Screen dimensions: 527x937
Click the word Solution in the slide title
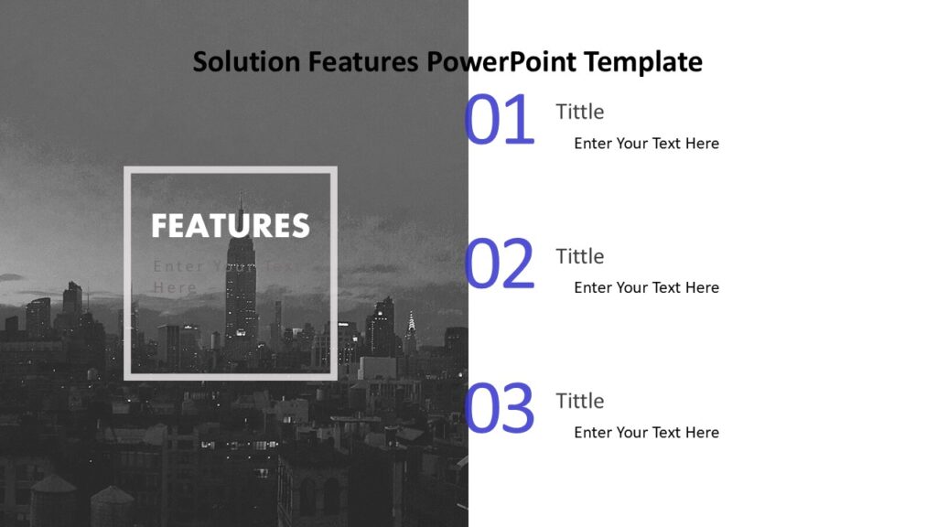pyautogui.click(x=246, y=62)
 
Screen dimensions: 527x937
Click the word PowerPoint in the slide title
pyautogui.click(x=502, y=62)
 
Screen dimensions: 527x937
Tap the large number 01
pyautogui.click(x=499, y=121)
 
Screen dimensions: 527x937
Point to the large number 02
pyautogui.click(x=499, y=265)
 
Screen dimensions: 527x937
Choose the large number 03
pyautogui.click(x=499, y=410)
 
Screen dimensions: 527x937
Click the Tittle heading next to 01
pyautogui.click(x=579, y=112)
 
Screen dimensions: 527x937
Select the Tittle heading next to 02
pyautogui.click(x=579, y=256)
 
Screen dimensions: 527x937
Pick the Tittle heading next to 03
pyautogui.click(x=579, y=401)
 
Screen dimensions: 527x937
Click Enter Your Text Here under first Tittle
pyautogui.click(x=646, y=144)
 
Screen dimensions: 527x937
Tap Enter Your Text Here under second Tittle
pyautogui.click(x=646, y=288)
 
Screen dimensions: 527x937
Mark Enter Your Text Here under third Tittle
pyautogui.click(x=646, y=433)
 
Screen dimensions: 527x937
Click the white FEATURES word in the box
pyautogui.click(x=231, y=226)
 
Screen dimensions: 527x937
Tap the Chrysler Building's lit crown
pyautogui.click(x=411, y=321)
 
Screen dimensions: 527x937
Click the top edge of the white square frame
pyautogui.click(x=231, y=170)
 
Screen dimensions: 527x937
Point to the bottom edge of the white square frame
pyautogui.click(x=231, y=376)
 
